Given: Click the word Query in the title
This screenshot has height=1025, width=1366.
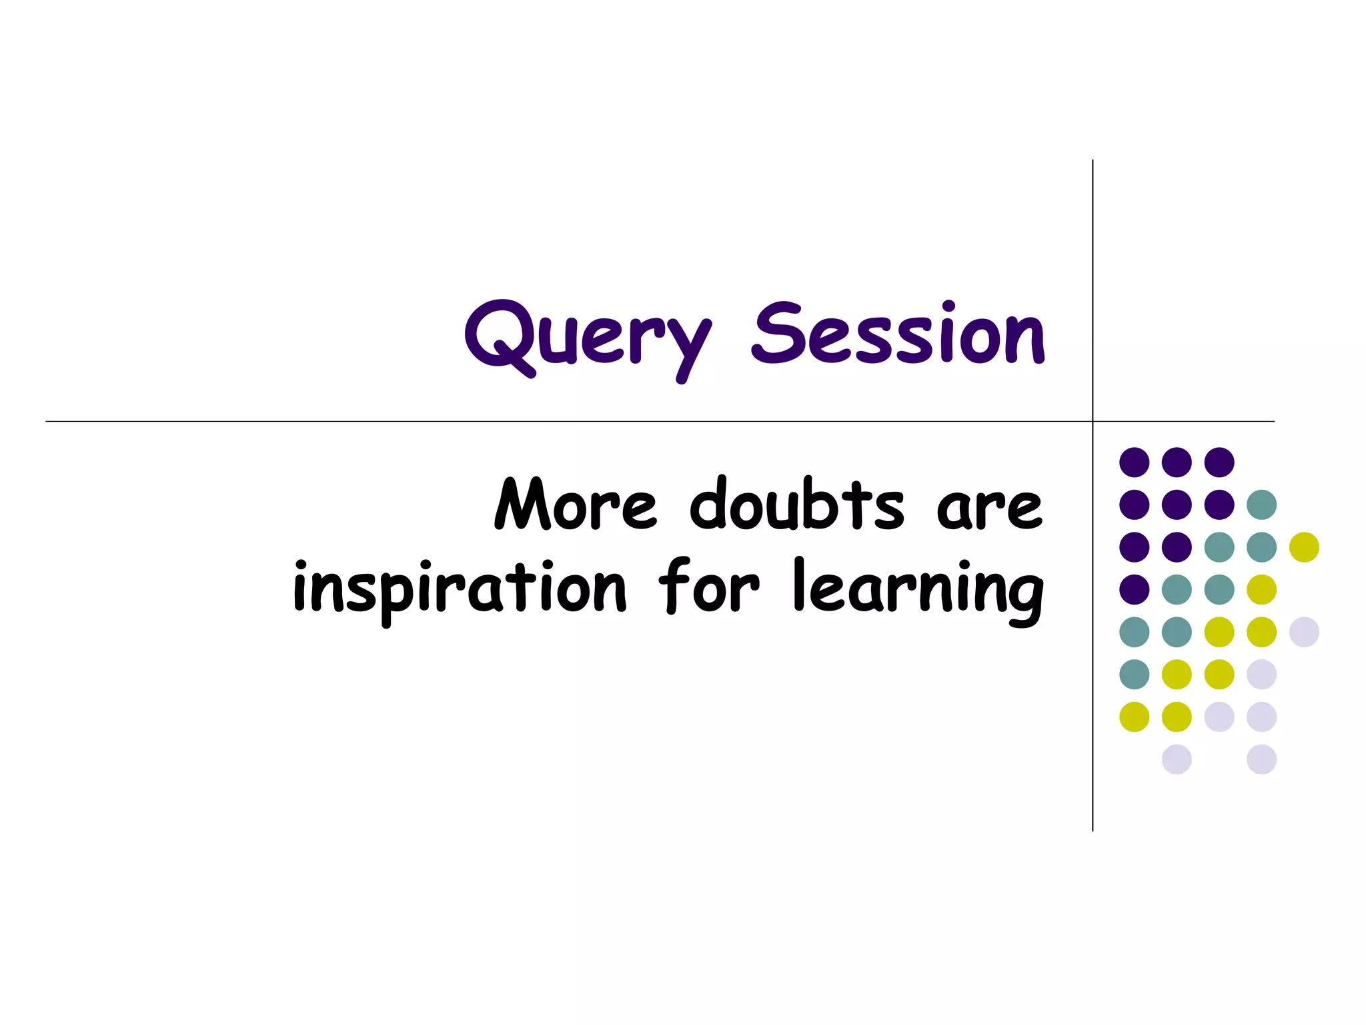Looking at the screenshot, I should click(587, 337).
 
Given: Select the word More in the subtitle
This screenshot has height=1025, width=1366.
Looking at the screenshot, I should click(575, 505).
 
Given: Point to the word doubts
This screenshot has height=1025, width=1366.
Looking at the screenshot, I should click(796, 505).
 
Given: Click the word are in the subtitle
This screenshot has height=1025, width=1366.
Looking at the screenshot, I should click(988, 508).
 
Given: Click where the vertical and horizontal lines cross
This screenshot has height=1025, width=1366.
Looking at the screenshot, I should click(1093, 421).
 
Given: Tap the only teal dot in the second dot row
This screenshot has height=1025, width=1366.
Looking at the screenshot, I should click(1261, 504).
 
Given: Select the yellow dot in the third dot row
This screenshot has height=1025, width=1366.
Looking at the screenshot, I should click(1304, 547).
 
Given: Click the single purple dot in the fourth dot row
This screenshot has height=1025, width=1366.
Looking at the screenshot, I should click(1134, 589).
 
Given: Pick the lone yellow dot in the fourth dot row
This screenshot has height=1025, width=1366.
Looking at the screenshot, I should click(1261, 589).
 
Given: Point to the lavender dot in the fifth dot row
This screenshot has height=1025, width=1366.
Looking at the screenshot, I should click(1304, 632).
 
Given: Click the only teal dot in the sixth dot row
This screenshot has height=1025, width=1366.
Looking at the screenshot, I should click(1134, 674).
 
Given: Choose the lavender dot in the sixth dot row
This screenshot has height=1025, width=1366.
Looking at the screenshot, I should click(1261, 674).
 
